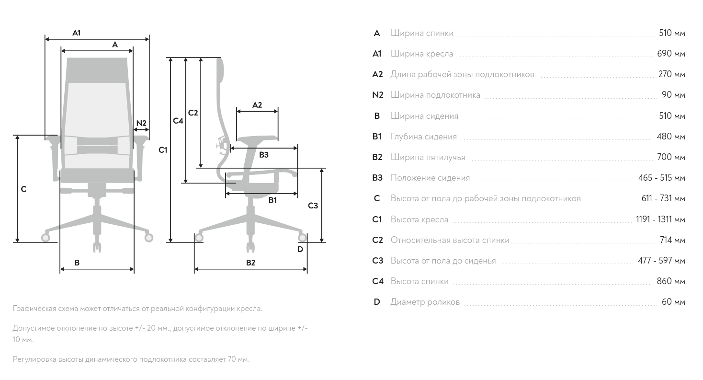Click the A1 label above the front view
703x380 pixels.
[x=76, y=33]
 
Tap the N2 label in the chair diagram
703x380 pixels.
[x=141, y=123]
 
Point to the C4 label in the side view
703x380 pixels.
[x=178, y=121]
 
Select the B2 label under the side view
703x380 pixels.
[x=250, y=263]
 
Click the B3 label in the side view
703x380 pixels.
[x=263, y=155]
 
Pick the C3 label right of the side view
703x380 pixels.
[x=313, y=206]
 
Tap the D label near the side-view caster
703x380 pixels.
[x=300, y=249]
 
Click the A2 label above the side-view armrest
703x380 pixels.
[x=257, y=105]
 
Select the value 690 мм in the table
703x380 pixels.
[x=671, y=54]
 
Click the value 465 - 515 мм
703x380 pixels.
[x=661, y=178]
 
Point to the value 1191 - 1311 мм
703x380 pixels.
[x=660, y=219]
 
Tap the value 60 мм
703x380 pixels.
[x=673, y=302]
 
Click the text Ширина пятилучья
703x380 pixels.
[x=428, y=157]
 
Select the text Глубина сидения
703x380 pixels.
[x=423, y=137]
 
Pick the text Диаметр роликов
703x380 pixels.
[x=425, y=302]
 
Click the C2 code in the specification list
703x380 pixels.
[x=377, y=240]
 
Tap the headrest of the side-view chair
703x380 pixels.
[x=220, y=69]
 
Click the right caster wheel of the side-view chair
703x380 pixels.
[x=302, y=237]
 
